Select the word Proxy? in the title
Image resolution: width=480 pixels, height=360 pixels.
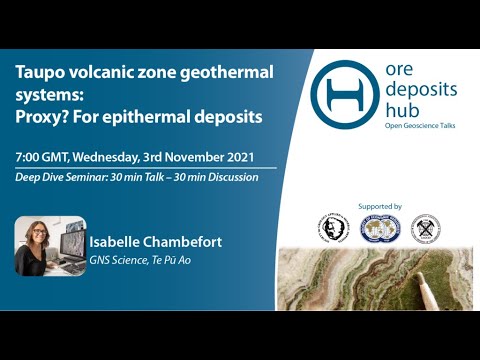[x=47, y=116]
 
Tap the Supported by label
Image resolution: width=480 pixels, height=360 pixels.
[x=384, y=207]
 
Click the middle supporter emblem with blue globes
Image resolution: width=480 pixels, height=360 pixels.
[x=384, y=228]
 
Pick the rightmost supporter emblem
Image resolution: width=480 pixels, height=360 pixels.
[x=426, y=228]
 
